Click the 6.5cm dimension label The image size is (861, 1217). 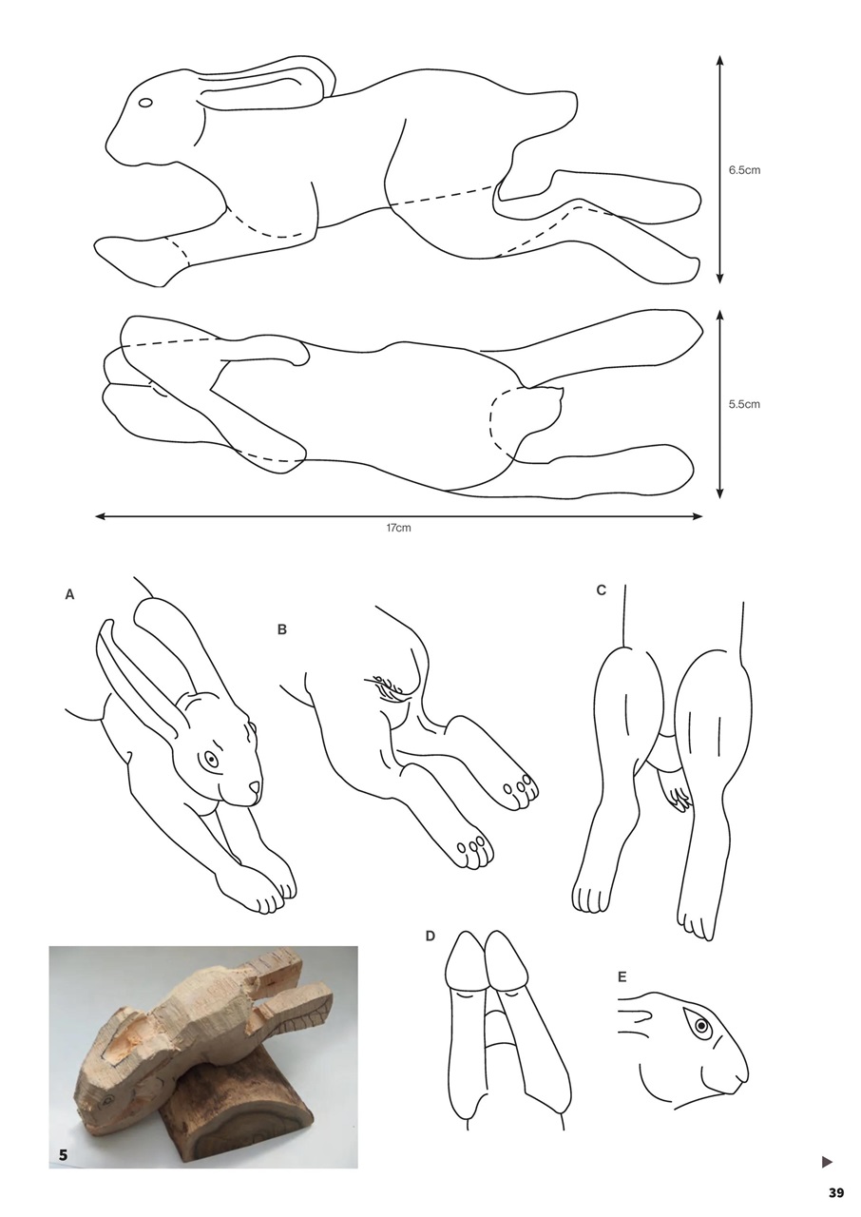[x=744, y=170]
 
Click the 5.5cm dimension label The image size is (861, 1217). [x=744, y=404]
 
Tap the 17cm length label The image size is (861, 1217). [x=398, y=528]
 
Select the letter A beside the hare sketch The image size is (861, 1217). [x=69, y=595]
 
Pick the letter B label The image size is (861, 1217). [x=282, y=629]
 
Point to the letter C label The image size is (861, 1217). [x=601, y=590]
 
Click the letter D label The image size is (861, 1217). [x=430, y=937]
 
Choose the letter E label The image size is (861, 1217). [x=622, y=976]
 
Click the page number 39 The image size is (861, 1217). [x=835, y=1193]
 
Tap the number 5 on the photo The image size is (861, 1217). [x=63, y=1154]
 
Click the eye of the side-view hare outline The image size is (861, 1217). [x=145, y=103]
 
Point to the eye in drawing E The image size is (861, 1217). [x=701, y=1026]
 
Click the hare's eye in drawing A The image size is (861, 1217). [x=211, y=760]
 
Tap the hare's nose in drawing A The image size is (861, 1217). [x=254, y=788]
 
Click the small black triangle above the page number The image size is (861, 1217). [x=827, y=1161]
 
